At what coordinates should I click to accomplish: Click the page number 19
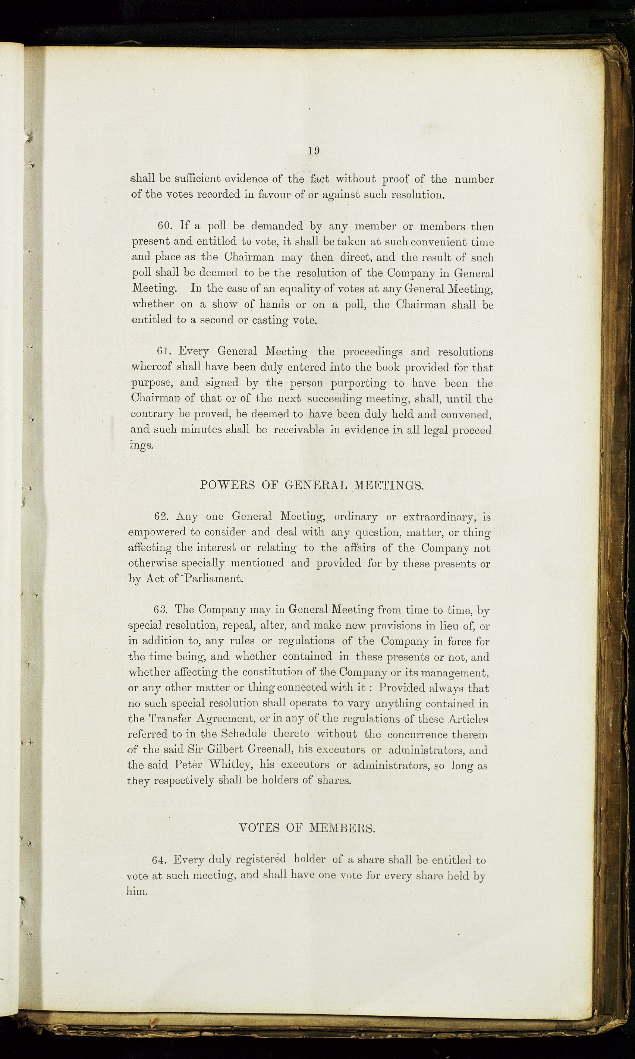pyautogui.click(x=314, y=151)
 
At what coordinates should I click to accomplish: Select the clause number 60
pyautogui.click(x=165, y=226)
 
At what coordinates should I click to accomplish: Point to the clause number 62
pyautogui.click(x=163, y=516)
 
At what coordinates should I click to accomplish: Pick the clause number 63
pyautogui.click(x=163, y=609)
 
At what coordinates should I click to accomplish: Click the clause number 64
pyautogui.click(x=161, y=860)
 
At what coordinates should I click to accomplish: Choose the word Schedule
pyautogui.click(x=243, y=734)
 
